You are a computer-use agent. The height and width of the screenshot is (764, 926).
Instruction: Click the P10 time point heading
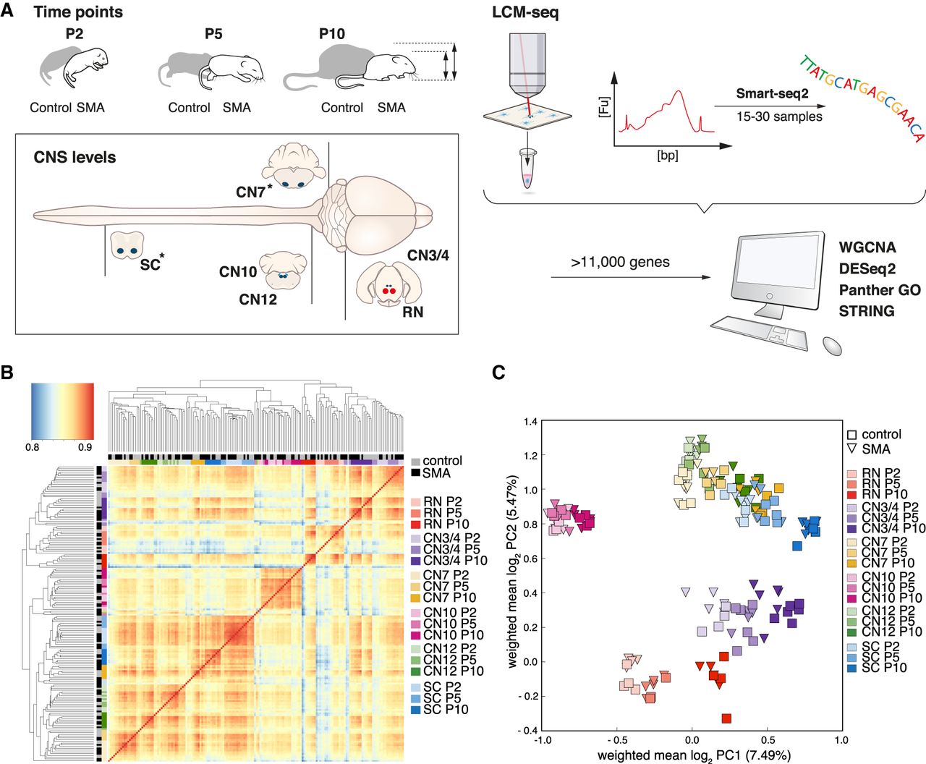click(x=332, y=34)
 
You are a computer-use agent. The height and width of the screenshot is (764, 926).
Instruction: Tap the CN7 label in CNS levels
click(x=250, y=192)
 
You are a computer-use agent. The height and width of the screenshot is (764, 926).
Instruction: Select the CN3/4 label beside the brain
click(x=428, y=255)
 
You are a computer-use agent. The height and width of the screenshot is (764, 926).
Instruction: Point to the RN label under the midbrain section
click(x=412, y=312)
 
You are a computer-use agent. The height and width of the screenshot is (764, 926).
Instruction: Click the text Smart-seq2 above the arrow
click(x=772, y=93)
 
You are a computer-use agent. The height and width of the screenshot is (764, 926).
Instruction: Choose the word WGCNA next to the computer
click(x=867, y=247)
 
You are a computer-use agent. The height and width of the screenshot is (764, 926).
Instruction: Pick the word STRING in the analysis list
click(x=866, y=311)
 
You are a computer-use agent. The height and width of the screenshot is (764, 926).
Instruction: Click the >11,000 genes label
click(x=620, y=262)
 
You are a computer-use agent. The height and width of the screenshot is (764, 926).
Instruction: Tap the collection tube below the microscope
click(x=527, y=169)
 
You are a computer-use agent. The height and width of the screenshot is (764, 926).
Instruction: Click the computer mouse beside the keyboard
click(x=831, y=346)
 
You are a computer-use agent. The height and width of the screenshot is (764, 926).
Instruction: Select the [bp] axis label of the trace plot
click(x=668, y=156)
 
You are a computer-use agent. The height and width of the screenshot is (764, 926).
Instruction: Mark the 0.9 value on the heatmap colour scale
click(x=85, y=447)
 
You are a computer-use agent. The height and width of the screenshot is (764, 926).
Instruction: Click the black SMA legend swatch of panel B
click(x=415, y=473)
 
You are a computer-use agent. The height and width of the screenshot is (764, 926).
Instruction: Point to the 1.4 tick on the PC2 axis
click(x=531, y=422)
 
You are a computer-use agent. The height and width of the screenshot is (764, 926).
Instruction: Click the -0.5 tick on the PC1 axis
click(x=616, y=739)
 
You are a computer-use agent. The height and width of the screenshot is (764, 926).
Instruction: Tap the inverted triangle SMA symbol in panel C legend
click(x=852, y=449)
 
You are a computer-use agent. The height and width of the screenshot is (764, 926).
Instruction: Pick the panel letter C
click(x=498, y=373)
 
